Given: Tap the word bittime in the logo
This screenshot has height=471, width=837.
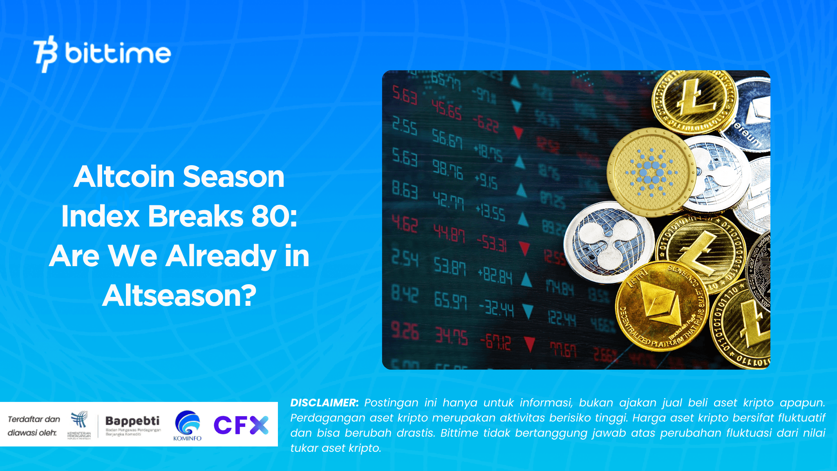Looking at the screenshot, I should (118, 54).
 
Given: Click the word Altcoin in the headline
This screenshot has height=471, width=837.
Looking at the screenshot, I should (124, 177).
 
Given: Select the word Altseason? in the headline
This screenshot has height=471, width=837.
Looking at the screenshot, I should (179, 295).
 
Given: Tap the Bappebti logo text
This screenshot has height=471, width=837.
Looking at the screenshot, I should (132, 421).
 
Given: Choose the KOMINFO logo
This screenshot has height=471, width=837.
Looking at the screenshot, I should (188, 426).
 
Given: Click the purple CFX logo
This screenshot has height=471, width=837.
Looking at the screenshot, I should (241, 425).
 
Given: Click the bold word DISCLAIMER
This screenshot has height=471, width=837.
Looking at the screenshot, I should (324, 403).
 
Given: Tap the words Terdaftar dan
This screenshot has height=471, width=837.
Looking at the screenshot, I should (34, 419).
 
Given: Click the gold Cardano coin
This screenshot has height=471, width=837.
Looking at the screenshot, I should (651, 172).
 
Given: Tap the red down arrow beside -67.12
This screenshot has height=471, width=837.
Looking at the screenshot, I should (529, 343).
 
